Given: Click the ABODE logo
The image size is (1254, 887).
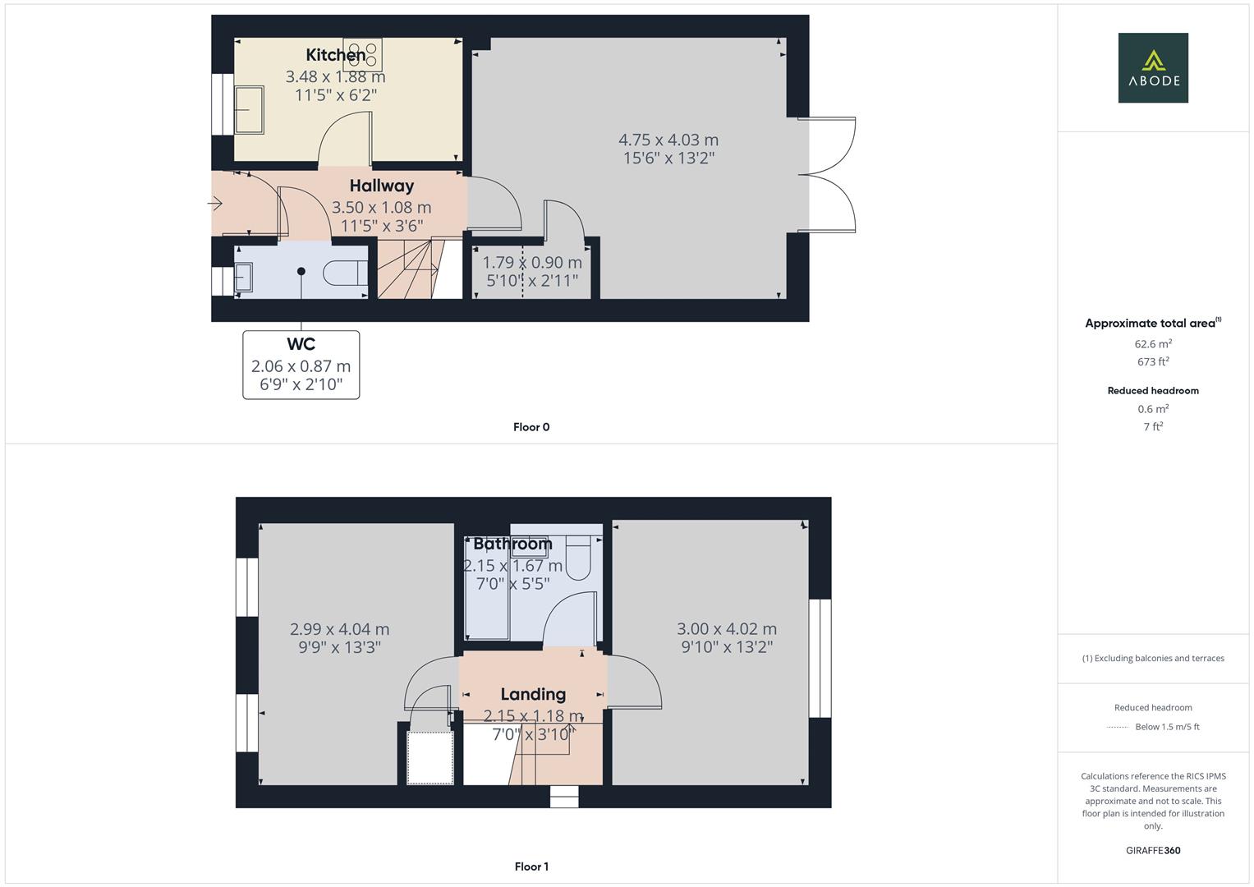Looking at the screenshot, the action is pyautogui.click(x=1153, y=67).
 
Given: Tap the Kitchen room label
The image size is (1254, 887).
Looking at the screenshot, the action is pyautogui.click(x=335, y=55).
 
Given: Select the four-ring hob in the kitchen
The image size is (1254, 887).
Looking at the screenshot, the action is pyautogui.click(x=362, y=55).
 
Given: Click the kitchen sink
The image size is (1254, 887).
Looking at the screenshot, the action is pyautogui.click(x=249, y=110).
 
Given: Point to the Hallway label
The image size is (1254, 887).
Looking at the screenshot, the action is pyautogui.click(x=382, y=186).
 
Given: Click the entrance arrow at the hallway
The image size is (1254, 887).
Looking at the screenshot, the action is pyautogui.click(x=215, y=204).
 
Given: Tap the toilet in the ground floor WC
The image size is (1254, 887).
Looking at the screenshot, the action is pyautogui.click(x=346, y=273).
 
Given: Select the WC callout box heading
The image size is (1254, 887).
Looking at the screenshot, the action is pyautogui.click(x=301, y=344).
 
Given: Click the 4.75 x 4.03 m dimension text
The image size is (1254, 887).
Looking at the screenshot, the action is pyautogui.click(x=668, y=140).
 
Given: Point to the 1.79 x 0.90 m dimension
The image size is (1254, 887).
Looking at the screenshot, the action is pyautogui.click(x=532, y=262).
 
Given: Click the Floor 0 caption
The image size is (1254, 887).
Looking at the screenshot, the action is pyautogui.click(x=531, y=427).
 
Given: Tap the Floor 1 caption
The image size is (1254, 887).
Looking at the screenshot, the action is pyautogui.click(x=531, y=866).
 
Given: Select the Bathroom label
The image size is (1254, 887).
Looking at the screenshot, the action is pyautogui.click(x=512, y=544).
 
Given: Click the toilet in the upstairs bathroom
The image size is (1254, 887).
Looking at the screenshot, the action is pyautogui.click(x=579, y=557).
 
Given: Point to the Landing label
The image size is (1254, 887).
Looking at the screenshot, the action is pyautogui.click(x=533, y=694).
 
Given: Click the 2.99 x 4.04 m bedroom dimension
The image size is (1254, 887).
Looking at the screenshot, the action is pyautogui.click(x=339, y=629).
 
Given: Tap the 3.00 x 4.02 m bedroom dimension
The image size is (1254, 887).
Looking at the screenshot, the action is pyautogui.click(x=727, y=629).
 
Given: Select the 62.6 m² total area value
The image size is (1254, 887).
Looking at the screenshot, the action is pyautogui.click(x=1153, y=344).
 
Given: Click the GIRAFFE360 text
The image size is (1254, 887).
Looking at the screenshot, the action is pyautogui.click(x=1153, y=851).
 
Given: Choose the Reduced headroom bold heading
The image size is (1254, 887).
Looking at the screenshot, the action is pyautogui.click(x=1153, y=391).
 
